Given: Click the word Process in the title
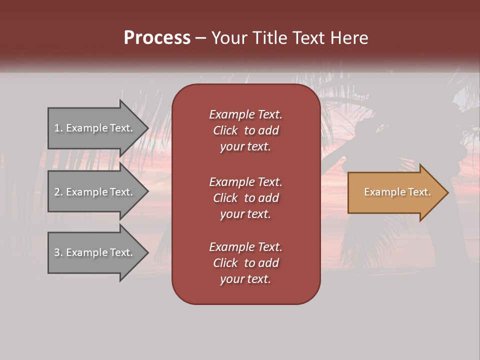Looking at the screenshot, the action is pyautogui.click(x=157, y=38).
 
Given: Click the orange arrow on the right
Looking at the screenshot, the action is pyautogui.click(x=395, y=192).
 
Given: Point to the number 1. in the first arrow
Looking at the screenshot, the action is pyautogui.click(x=58, y=128).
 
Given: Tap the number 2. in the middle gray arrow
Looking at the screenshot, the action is pyautogui.click(x=58, y=192).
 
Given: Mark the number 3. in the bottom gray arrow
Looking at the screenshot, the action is pyautogui.click(x=58, y=252).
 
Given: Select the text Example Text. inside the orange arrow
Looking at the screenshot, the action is pyautogui.click(x=397, y=192).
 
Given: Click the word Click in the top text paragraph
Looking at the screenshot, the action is pyautogui.click(x=225, y=130).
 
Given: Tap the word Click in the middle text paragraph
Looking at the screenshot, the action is pyautogui.click(x=225, y=198).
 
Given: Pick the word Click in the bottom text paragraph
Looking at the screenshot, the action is pyautogui.click(x=225, y=263).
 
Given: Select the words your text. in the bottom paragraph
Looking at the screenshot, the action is pyautogui.click(x=245, y=279).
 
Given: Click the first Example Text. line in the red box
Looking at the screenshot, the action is pyautogui.click(x=245, y=114).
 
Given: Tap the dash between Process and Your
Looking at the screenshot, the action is pyautogui.click(x=201, y=38).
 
